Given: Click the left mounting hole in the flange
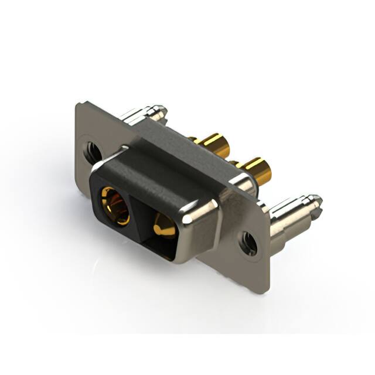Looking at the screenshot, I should [93, 151].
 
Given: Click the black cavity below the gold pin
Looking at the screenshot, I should [167, 246].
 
